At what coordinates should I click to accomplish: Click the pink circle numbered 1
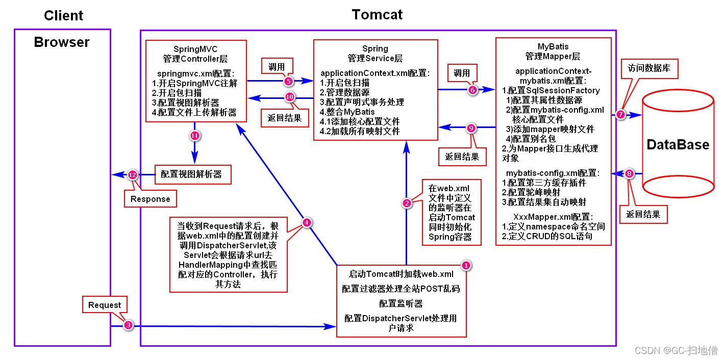(x=466, y=265)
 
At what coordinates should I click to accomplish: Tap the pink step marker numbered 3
(x=129, y=325)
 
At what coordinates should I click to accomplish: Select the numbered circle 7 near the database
(x=620, y=115)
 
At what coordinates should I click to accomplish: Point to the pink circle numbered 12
(x=133, y=175)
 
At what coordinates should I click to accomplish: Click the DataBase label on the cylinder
(x=678, y=144)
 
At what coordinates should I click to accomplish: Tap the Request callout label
(x=105, y=305)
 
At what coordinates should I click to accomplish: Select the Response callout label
(x=151, y=199)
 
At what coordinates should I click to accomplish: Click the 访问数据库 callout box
(x=649, y=68)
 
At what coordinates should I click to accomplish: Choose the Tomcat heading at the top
(x=377, y=14)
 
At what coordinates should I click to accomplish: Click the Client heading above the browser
(x=63, y=15)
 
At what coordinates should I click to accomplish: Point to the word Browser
(x=62, y=42)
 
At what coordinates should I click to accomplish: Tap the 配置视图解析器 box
(x=191, y=174)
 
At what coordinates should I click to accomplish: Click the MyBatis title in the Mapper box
(x=553, y=46)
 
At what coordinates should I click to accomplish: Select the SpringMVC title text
(x=195, y=49)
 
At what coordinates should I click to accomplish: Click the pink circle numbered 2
(x=407, y=203)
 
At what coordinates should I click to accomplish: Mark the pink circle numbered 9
(x=471, y=128)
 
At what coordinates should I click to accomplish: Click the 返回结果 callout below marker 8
(x=643, y=214)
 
